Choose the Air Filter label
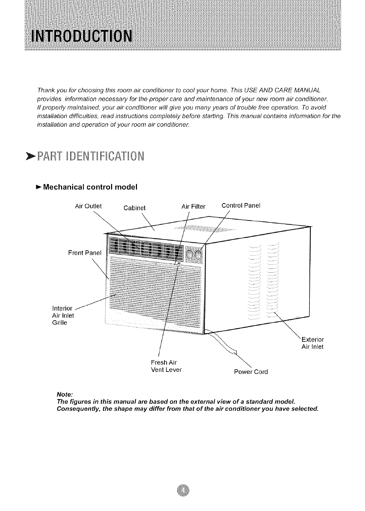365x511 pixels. tap(193, 207)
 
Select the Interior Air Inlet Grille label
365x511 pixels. tap(63, 315)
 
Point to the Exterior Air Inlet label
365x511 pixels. tap(312, 342)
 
